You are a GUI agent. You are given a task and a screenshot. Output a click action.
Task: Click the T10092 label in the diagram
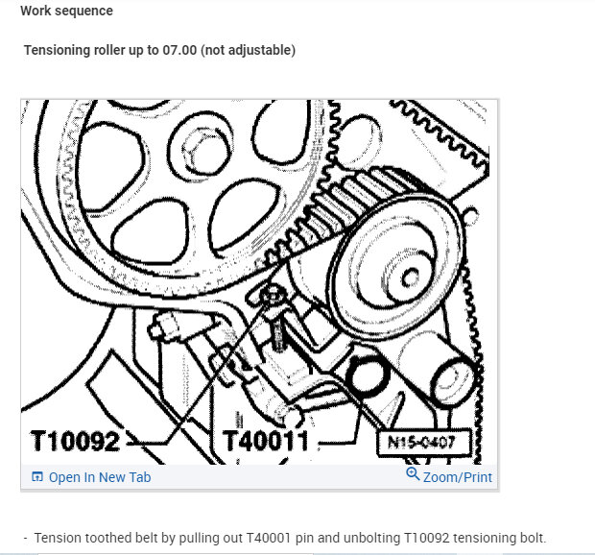(75, 442)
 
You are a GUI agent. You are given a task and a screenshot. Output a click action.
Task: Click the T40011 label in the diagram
(266, 442)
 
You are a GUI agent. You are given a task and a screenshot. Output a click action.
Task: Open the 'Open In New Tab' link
(99, 477)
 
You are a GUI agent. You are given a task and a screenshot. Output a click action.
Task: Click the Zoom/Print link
(457, 476)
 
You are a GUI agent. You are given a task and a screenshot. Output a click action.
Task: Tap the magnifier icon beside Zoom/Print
(413, 474)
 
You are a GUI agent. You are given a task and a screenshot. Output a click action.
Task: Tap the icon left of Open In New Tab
(37, 477)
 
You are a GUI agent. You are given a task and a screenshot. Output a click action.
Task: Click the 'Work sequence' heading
(66, 12)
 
